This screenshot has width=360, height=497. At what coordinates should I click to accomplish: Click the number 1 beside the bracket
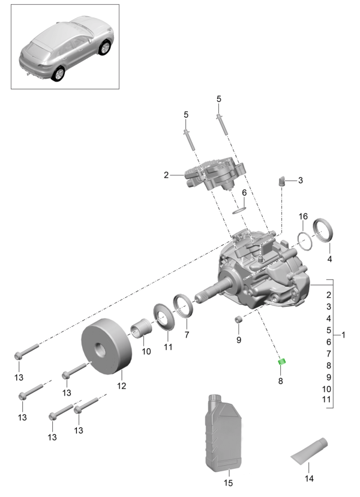(x=344, y=334)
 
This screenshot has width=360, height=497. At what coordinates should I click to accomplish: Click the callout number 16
(x=304, y=216)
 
